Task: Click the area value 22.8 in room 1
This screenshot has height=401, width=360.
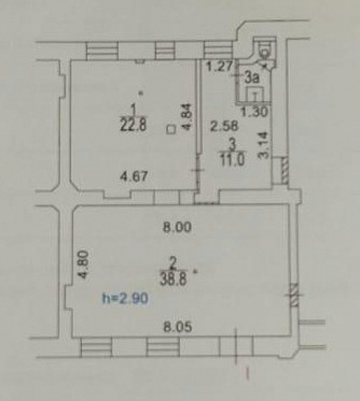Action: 133,125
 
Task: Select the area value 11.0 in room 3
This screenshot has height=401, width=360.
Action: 232,160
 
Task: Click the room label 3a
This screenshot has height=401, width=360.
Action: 252,78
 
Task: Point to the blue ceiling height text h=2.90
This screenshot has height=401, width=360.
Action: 125,298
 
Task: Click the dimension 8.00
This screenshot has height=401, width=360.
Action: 177,227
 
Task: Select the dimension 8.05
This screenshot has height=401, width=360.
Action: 178,327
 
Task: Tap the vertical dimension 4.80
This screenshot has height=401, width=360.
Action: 84,264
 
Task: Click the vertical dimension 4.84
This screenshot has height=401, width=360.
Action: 187,117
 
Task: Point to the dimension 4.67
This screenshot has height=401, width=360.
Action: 134,176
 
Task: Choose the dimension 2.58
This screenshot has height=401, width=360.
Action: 224,126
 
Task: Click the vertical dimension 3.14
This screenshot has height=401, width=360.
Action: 263,145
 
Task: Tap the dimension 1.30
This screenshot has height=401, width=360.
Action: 255,112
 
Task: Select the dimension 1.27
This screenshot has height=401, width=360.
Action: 219,66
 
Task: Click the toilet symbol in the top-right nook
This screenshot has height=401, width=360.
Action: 265,51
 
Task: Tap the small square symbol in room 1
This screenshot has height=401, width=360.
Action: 171,129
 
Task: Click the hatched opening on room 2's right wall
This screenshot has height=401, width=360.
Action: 294,295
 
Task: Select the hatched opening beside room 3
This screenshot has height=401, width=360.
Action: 285,170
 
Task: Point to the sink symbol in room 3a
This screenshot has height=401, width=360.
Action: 255,95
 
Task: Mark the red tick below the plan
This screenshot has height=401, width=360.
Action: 248,374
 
